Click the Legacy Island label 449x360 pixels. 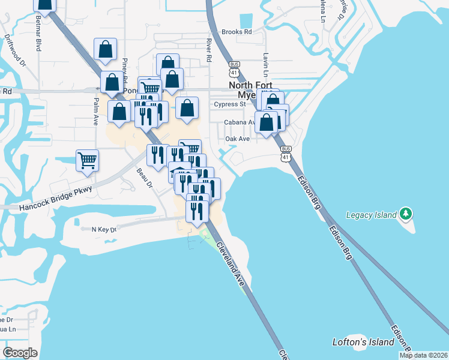(372, 215)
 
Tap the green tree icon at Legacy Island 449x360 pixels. (406, 214)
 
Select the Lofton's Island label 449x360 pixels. (363, 342)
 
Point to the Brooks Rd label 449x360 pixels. (236, 32)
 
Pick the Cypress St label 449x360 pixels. (231, 104)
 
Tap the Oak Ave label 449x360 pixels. (237, 139)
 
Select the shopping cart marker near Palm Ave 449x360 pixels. (88, 160)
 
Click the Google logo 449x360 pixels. (20, 353)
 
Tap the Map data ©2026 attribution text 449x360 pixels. (423, 355)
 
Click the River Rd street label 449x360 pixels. (209, 50)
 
